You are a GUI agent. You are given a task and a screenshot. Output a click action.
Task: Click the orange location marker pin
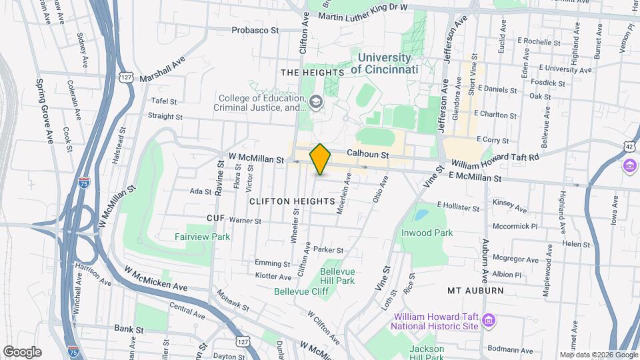point(321,159)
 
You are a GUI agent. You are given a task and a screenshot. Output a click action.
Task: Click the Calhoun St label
point(367,153)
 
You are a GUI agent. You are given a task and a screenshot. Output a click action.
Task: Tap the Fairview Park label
point(202,237)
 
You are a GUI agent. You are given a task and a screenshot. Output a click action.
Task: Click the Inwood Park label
point(427,233)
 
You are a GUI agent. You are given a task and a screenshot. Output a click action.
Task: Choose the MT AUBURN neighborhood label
point(474,291)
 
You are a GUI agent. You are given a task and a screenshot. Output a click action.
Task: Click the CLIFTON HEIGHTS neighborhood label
point(292,201)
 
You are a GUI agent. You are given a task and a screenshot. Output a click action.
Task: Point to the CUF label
point(215,219)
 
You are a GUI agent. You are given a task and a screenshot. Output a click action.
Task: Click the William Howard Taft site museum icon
point(489,321)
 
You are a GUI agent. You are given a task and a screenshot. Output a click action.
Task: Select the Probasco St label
point(255,30)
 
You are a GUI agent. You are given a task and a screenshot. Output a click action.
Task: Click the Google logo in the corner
point(22,351)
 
